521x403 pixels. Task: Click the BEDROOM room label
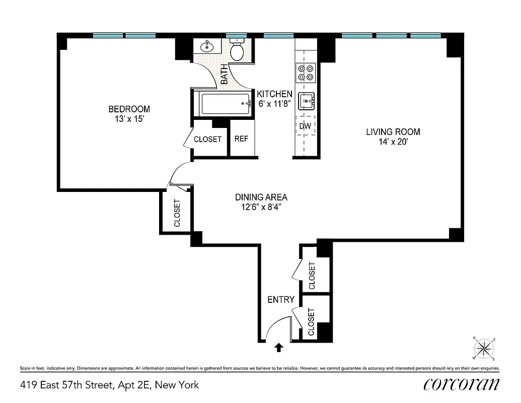[x=129, y=109]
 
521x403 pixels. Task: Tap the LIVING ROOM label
[x=393, y=132]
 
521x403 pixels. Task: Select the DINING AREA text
[x=261, y=197]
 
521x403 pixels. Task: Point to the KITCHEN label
[x=274, y=94]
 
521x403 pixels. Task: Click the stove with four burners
[x=306, y=73]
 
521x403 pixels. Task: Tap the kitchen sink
[x=306, y=102]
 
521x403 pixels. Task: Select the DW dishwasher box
[x=305, y=126]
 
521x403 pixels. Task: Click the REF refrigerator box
[x=241, y=139]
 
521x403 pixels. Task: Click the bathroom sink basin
[x=207, y=47]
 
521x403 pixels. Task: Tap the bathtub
[x=226, y=104]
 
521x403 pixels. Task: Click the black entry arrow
[x=278, y=347]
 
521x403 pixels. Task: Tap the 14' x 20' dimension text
[x=393, y=142]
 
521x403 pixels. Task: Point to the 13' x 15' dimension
[x=129, y=119]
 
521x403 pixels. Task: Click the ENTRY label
[x=280, y=300]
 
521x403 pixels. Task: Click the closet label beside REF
[x=207, y=139]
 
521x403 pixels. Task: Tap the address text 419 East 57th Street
[x=109, y=385]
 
